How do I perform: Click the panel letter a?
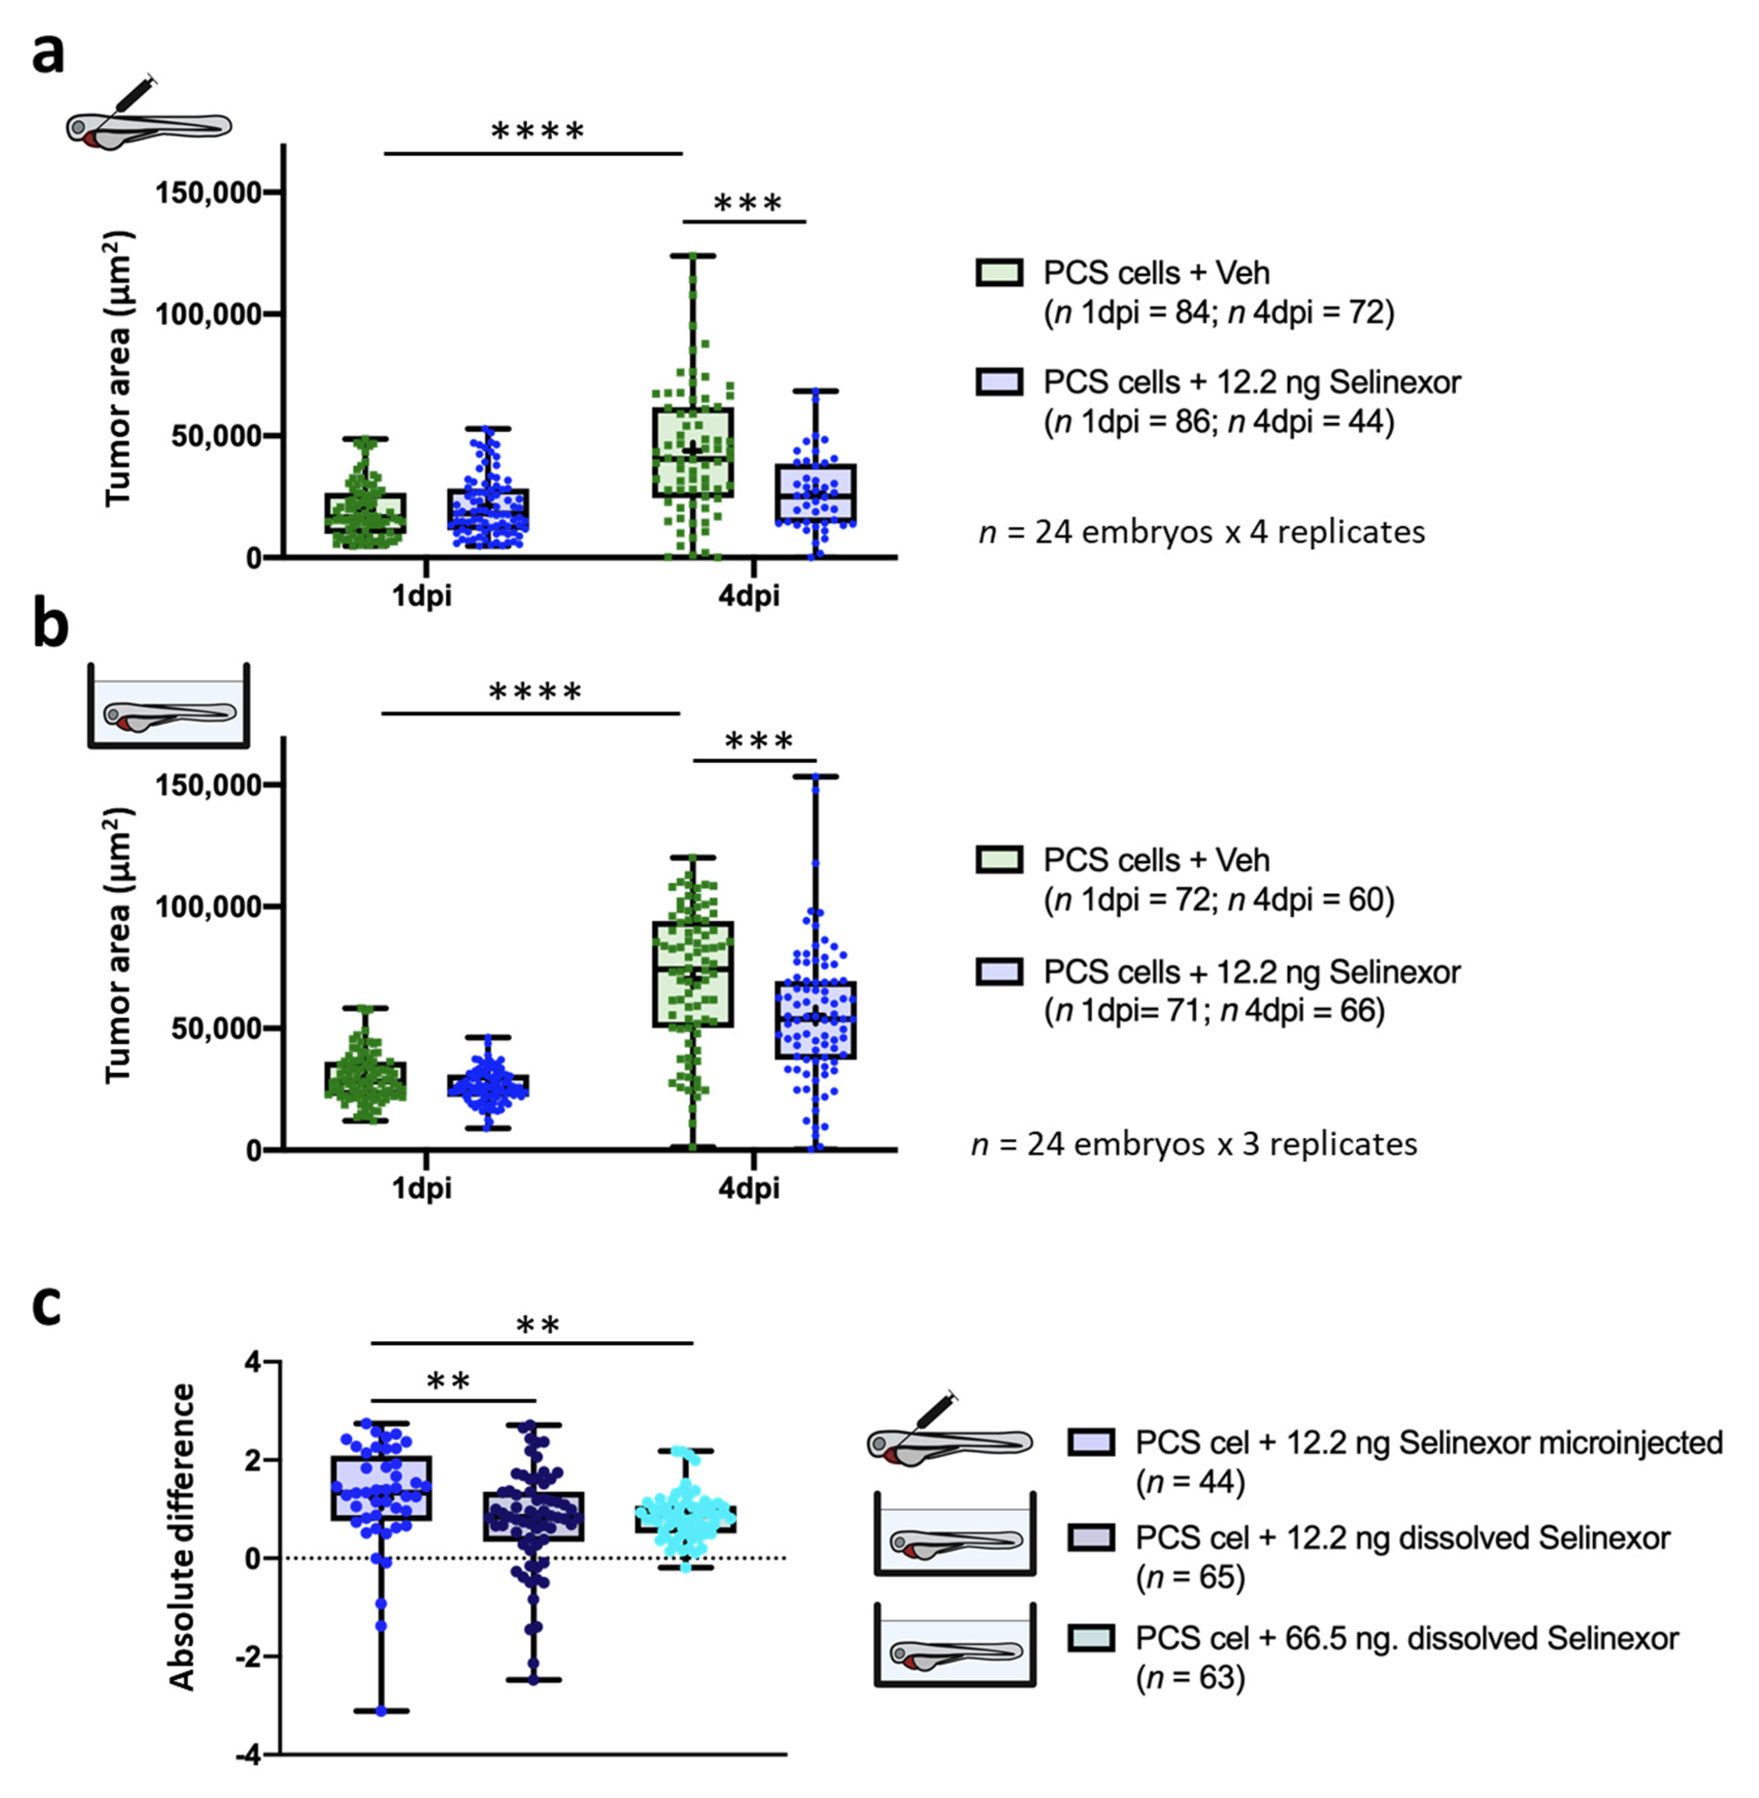48,54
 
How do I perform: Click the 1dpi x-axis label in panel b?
421,1188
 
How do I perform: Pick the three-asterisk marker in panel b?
758,741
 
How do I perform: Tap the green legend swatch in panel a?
999,272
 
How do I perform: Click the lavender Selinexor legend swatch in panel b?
999,971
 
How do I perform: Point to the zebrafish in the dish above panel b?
169,713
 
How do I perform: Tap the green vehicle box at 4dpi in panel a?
693,453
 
